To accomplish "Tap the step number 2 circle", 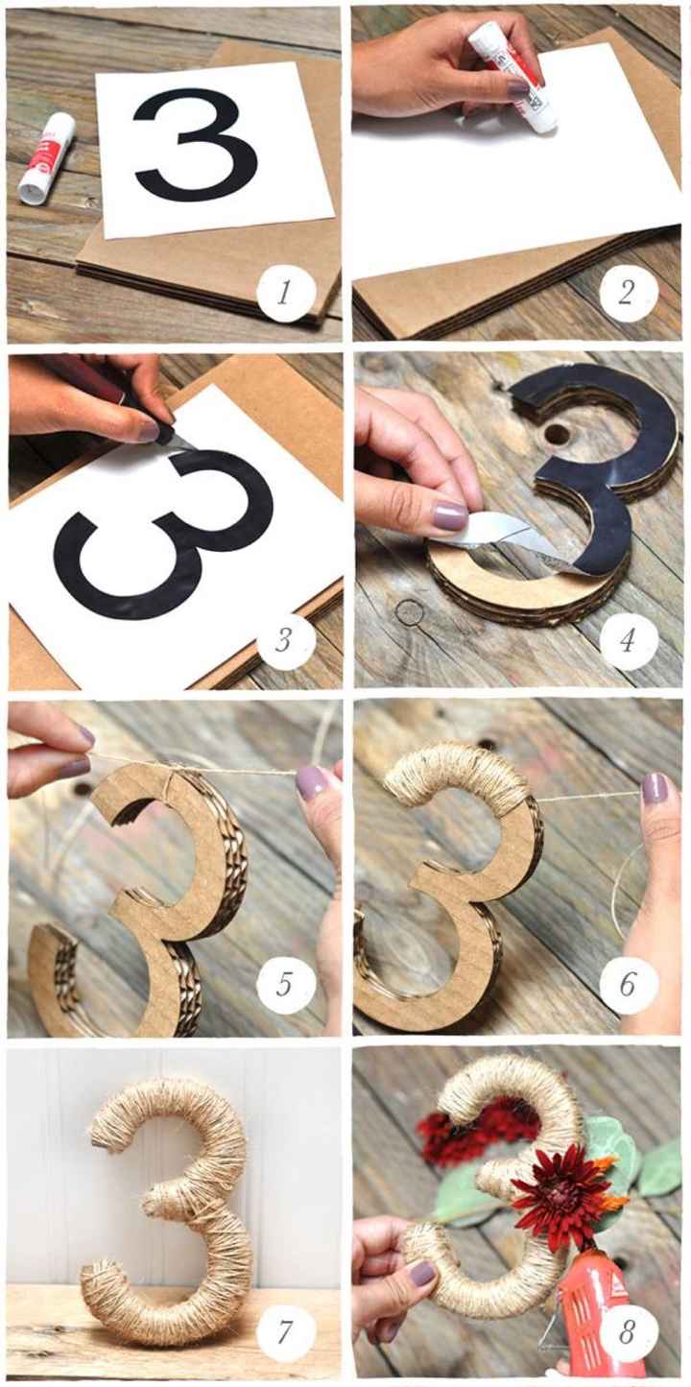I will point(629,292).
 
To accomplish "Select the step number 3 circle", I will point(284,640).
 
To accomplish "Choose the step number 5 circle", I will point(284,984).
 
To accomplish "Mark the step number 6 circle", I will point(629,984).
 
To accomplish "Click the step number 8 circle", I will point(629,1331).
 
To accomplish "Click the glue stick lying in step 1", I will point(47,157).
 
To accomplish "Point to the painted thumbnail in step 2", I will point(518,88).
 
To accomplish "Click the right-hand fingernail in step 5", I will point(311,781).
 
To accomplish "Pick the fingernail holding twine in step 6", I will point(655,788).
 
